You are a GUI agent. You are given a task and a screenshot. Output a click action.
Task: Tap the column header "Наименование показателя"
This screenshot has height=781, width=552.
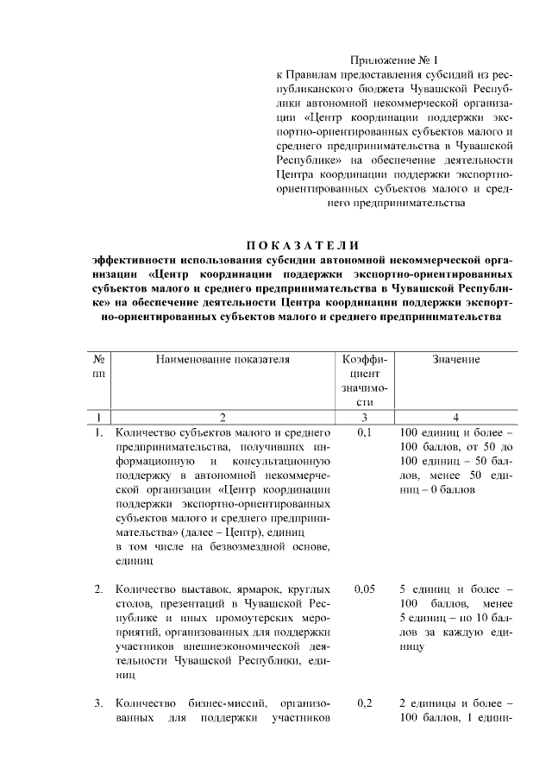223,359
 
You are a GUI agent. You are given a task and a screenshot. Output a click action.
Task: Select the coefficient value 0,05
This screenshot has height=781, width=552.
365,588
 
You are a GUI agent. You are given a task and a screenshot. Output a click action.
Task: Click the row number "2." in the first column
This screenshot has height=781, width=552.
99,589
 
